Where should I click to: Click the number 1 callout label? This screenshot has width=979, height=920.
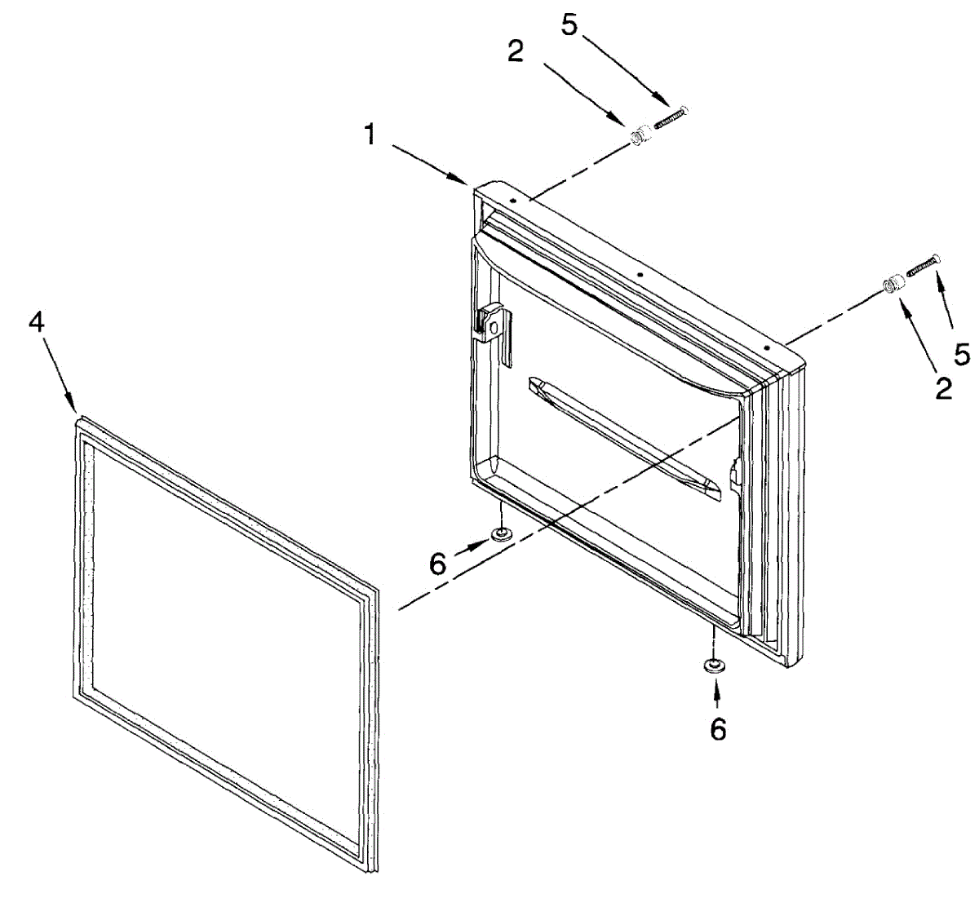tap(370, 134)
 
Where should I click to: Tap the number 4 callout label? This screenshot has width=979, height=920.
tap(36, 322)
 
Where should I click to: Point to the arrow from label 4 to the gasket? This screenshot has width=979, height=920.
tap(59, 372)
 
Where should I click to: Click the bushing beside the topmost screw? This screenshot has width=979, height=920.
tap(640, 132)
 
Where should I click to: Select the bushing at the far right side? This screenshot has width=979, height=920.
tap(894, 285)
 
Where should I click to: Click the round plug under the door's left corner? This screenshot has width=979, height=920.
tap(501, 535)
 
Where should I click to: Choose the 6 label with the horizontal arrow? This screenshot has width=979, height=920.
tap(439, 563)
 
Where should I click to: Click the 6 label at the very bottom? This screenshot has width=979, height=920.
tap(718, 729)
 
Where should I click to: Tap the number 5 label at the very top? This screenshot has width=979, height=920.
tap(569, 25)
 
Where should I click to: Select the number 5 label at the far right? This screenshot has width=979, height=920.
tap(963, 354)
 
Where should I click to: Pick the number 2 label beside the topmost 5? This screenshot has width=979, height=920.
tap(515, 52)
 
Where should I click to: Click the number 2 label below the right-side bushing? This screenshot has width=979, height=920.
tap(943, 389)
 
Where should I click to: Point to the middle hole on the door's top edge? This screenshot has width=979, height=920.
tap(641, 275)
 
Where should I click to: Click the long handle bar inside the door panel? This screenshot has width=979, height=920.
tap(625, 436)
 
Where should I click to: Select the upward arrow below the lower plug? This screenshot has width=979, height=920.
tap(717, 692)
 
